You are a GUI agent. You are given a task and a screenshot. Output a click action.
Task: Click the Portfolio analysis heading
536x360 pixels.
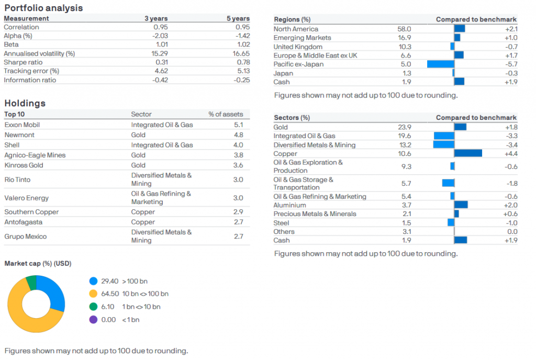click(x=43, y=8)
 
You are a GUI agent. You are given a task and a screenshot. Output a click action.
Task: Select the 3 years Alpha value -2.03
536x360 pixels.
click(x=160, y=36)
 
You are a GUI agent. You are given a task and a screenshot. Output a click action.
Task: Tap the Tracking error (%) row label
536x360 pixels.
click(x=31, y=71)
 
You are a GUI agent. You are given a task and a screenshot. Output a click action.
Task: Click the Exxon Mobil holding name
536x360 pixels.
click(x=22, y=125)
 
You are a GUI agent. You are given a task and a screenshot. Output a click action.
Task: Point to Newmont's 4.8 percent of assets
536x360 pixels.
click(x=238, y=135)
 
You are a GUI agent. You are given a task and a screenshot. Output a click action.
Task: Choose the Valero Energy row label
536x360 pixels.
click(x=26, y=198)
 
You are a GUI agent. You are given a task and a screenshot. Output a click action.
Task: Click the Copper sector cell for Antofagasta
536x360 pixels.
click(x=143, y=222)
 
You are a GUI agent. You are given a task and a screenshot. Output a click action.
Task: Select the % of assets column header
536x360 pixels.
click(x=225, y=114)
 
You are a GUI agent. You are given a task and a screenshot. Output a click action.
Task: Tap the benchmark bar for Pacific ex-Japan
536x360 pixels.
click(x=440, y=64)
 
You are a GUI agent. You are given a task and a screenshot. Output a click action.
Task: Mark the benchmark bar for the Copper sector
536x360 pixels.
click(x=468, y=153)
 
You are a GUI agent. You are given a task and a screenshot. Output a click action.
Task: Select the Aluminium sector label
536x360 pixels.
click(x=289, y=205)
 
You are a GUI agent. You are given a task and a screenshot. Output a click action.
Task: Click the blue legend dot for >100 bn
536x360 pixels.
click(x=93, y=281)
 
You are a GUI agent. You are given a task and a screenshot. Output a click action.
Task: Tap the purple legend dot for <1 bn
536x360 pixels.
click(x=93, y=320)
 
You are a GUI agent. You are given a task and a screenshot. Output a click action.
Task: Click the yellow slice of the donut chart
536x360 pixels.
click(x=21, y=314)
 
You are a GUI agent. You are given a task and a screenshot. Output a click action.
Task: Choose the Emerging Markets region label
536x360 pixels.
click(x=302, y=38)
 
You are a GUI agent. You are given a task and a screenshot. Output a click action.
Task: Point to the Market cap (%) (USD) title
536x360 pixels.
click(x=38, y=263)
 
